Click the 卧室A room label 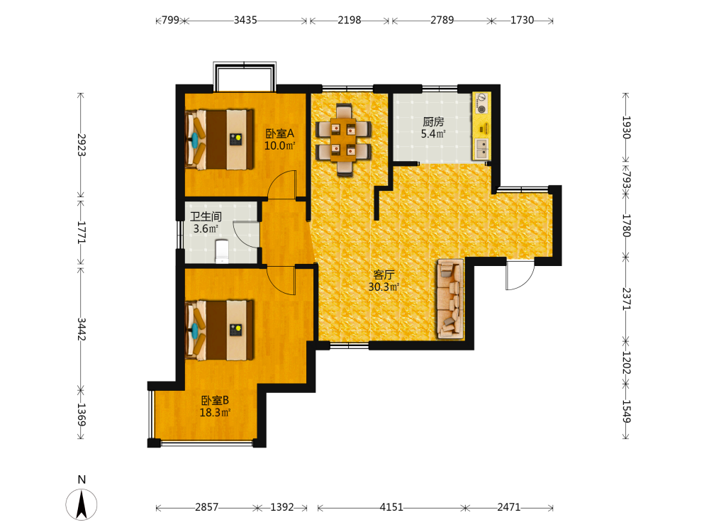279,133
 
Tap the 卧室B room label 215,400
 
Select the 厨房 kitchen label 433,122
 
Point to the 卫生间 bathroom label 206,216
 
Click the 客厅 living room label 384,275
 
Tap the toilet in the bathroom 221,252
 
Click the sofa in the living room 450,299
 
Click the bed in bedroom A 219,139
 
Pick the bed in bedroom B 219,331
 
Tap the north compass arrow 82,504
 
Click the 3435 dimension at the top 245,20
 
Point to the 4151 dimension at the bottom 391,507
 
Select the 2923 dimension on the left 81,145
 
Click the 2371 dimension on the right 626,299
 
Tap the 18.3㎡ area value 216,413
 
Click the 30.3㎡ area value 384,287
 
